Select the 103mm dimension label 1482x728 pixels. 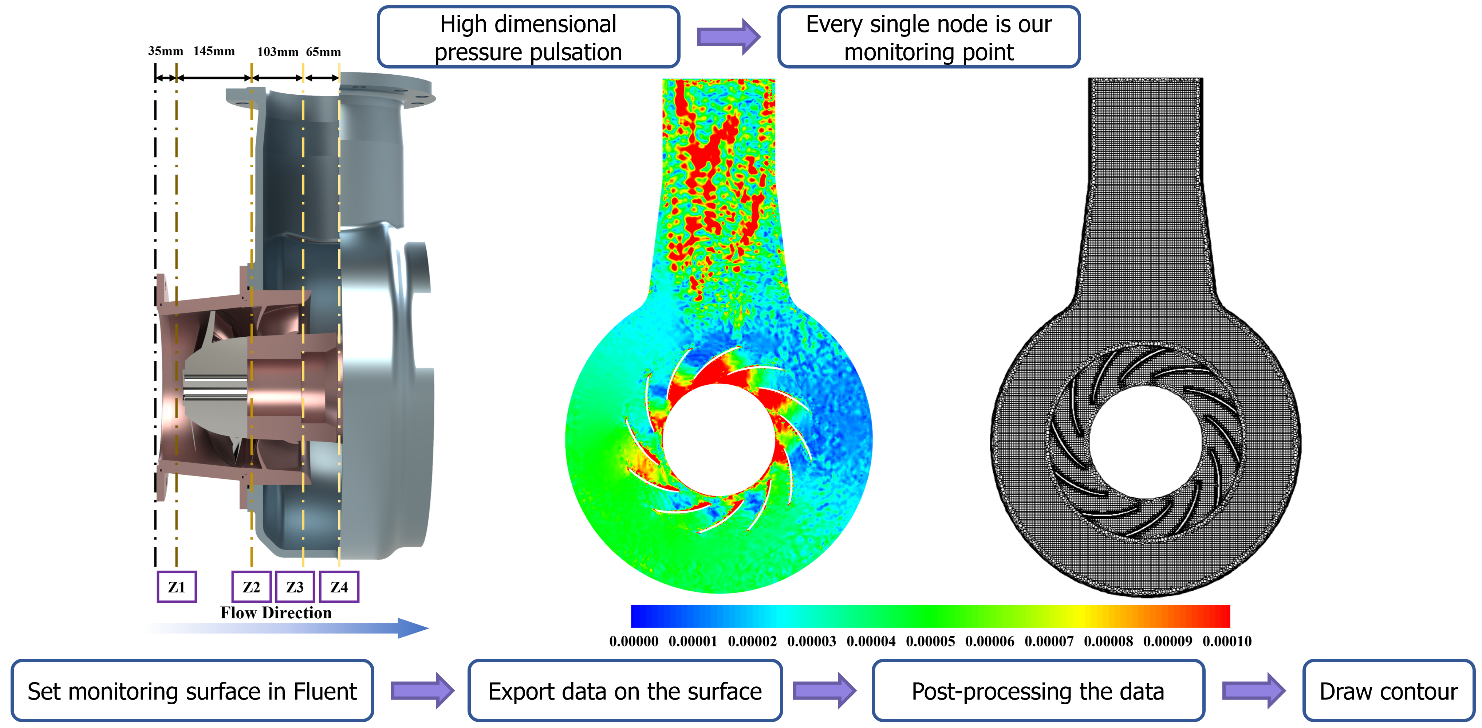tap(278, 52)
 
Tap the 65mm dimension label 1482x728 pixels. tap(323, 52)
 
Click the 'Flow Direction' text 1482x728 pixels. tap(276, 612)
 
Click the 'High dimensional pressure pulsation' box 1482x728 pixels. tap(528, 37)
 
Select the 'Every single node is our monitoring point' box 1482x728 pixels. tap(929, 37)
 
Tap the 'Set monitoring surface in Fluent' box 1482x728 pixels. tap(192, 690)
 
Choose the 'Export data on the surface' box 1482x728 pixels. tap(625, 690)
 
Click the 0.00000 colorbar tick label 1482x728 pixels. tap(634, 641)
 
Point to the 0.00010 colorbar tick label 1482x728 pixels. tap(1227, 641)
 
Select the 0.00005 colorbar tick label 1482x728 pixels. tap(930, 641)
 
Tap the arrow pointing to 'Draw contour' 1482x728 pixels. tap(1254, 690)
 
